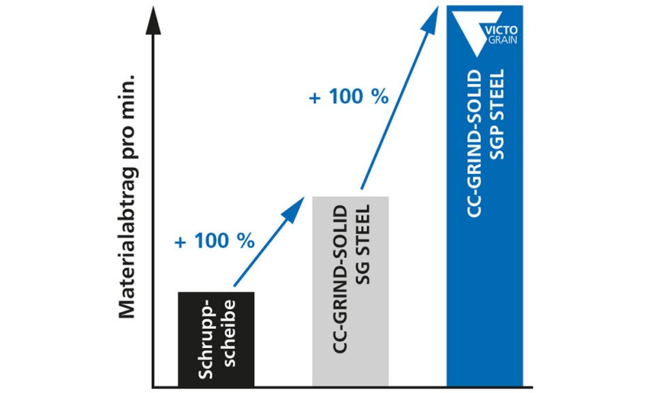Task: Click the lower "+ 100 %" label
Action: pos(214,241)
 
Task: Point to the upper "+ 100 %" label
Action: pos(349,97)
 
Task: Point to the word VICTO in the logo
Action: pos(502,29)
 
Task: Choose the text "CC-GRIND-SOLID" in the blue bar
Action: pos(475,143)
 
